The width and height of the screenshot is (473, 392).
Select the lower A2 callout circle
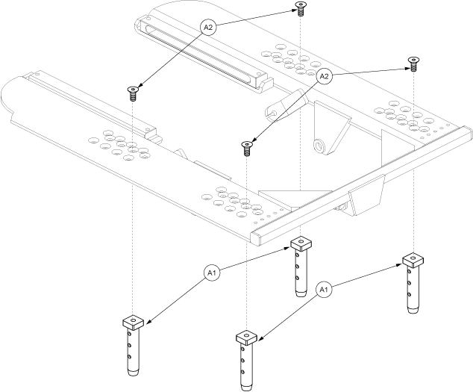325,76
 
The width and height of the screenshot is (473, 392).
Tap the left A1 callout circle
210,274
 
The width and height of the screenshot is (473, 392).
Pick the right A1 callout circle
324,288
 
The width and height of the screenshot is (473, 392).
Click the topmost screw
300,10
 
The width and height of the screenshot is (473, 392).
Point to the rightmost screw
412,63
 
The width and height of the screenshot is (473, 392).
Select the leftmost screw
133,93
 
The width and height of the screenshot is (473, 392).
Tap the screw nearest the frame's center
246,146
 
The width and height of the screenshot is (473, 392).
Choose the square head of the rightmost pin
413,260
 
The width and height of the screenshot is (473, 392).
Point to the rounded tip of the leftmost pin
133,372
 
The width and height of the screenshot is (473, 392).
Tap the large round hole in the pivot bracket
319,143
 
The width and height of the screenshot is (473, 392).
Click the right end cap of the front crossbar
464,134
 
